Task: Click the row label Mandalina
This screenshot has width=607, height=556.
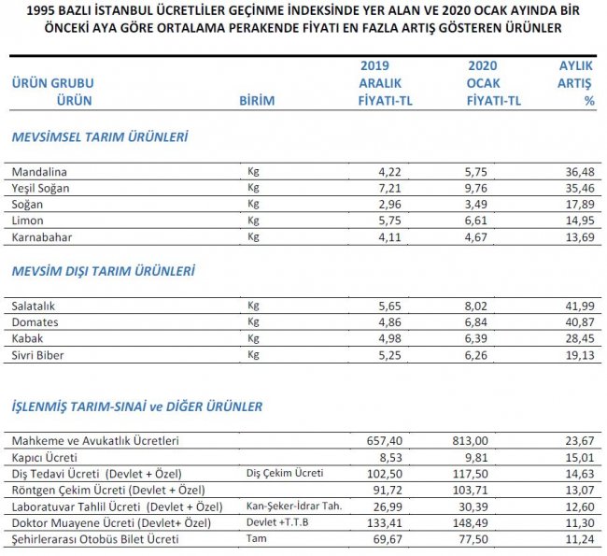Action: [x=40, y=172]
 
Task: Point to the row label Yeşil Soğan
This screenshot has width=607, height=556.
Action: [x=47, y=188]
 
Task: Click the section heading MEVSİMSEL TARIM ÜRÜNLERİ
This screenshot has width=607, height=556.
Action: [x=100, y=137]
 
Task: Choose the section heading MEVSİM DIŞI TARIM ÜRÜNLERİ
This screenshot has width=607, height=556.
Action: [x=103, y=271]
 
